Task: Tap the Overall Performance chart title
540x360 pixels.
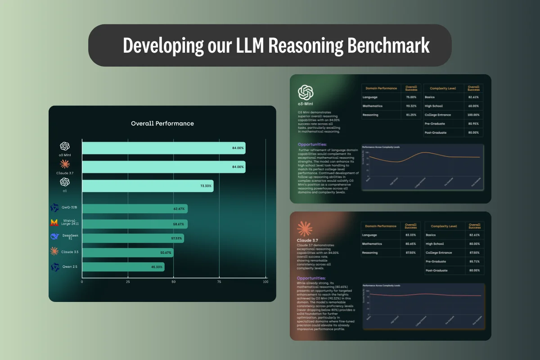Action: click(162, 123)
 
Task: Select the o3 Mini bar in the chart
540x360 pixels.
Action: click(164, 148)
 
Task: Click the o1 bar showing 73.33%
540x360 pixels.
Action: click(148, 186)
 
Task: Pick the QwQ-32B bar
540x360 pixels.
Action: click(135, 209)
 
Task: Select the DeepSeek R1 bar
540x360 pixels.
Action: click(133, 238)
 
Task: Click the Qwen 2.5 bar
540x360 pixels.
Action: click(123, 267)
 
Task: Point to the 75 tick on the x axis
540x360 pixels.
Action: click(219, 282)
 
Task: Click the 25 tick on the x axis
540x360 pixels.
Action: click(128, 282)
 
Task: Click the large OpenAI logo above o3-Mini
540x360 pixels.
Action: click(306, 93)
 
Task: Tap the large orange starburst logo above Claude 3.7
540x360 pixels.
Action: click(305, 229)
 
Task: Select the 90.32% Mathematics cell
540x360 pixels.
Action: click(411, 106)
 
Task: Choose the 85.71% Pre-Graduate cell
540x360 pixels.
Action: click(473, 261)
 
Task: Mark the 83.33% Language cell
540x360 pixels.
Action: click(411, 235)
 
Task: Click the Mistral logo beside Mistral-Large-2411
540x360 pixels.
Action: click(54, 223)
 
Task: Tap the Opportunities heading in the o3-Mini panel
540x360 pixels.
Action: click(312, 144)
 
